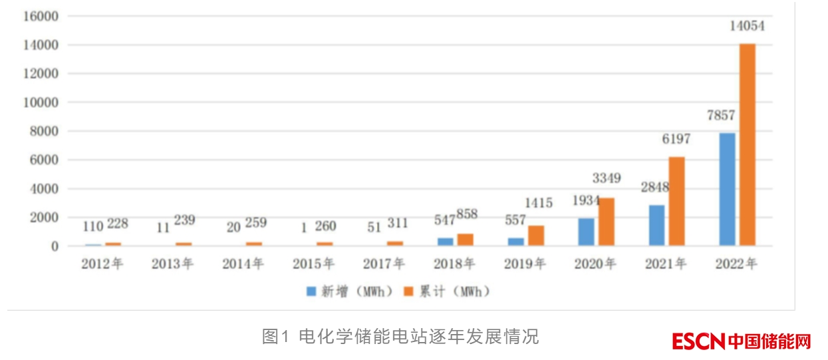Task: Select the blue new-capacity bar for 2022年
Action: pos(728,189)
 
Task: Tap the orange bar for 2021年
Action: pos(677,201)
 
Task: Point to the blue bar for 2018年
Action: pos(445,242)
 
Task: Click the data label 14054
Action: pos(748,27)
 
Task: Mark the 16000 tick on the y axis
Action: pos(41,16)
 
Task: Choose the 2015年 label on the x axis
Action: pos(313,264)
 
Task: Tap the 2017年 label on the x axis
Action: pos(384,264)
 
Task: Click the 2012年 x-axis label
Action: pos(102,264)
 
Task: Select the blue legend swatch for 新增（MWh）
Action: pos(311,291)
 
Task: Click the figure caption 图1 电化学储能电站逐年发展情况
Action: pos(400,337)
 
